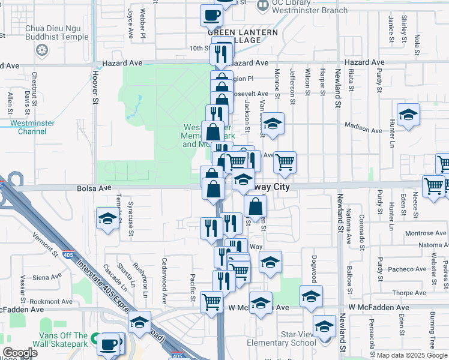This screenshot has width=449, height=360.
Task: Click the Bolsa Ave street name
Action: [94, 188]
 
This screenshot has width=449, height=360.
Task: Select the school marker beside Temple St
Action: [107, 218]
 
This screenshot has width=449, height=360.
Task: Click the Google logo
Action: [20, 353]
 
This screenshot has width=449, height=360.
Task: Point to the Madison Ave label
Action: [363, 125]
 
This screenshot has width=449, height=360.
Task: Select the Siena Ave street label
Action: [47, 277]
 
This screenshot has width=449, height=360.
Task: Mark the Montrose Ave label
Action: [425, 233]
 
